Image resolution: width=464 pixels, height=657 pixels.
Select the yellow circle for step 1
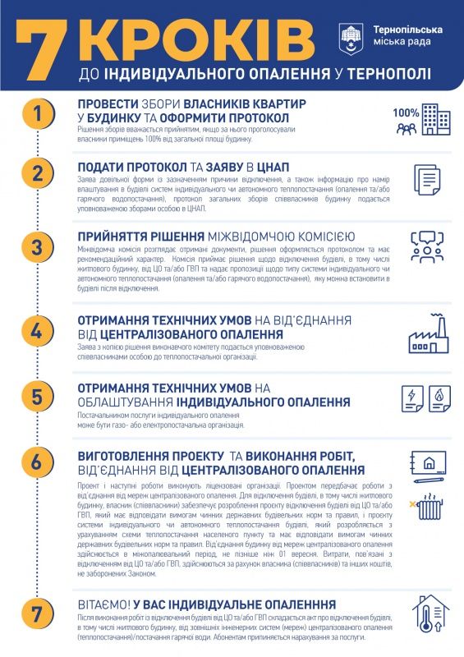click(x=37, y=114)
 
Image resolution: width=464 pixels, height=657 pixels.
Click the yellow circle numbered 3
click(x=37, y=247)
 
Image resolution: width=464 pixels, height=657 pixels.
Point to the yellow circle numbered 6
click(x=37, y=462)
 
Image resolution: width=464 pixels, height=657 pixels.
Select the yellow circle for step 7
click(x=37, y=613)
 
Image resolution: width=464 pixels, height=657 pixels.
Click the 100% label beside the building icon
click(x=406, y=113)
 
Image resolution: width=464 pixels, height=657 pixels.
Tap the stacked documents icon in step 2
click(x=425, y=178)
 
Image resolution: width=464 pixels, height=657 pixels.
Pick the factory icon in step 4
click(x=426, y=334)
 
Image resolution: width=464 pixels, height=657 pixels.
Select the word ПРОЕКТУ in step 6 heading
click(x=191, y=456)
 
